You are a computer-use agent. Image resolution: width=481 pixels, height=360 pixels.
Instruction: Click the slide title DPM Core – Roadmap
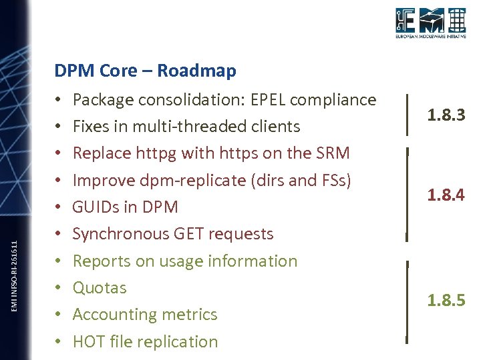(x=145, y=71)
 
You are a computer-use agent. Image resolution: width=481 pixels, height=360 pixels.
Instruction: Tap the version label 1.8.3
(x=446, y=116)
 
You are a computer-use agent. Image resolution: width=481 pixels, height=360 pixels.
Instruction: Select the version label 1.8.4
(x=446, y=195)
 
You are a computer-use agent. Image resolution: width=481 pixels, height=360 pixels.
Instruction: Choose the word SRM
(x=332, y=153)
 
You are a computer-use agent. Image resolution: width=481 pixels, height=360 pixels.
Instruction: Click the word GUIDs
(x=96, y=207)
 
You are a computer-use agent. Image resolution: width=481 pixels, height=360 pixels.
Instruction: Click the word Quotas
(x=100, y=288)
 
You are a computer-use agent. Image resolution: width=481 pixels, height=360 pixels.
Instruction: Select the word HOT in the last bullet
(x=88, y=341)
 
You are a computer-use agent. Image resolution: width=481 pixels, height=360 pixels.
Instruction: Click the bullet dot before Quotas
(x=59, y=288)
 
